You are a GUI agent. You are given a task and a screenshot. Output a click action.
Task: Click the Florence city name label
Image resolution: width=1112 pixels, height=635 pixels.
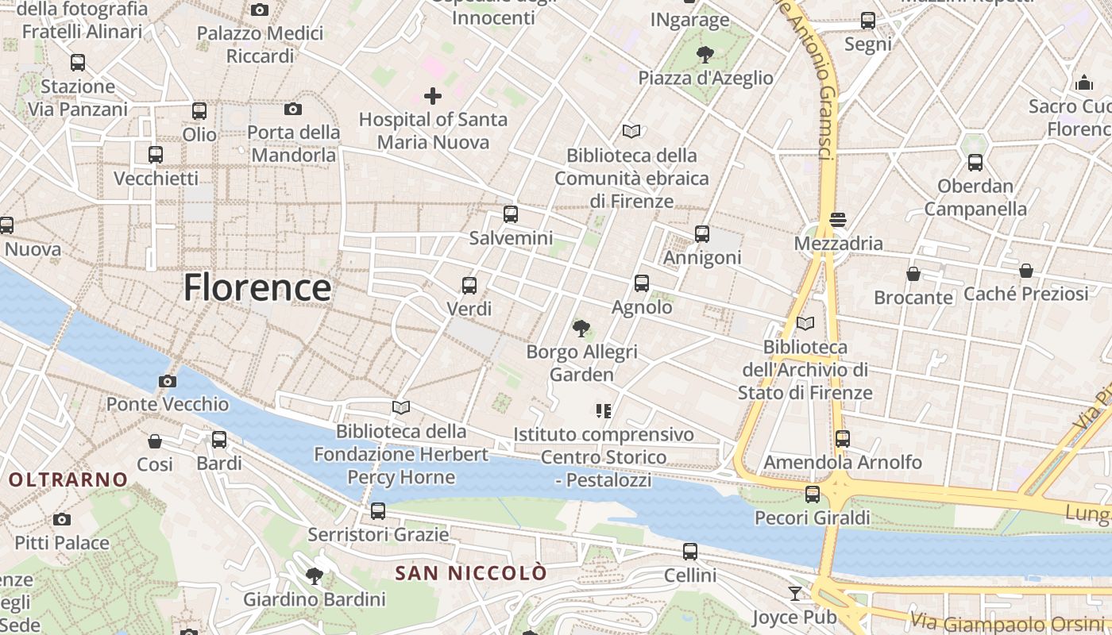coord(257,287)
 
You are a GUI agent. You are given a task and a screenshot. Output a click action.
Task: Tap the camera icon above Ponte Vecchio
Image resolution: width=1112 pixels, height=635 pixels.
coord(167,381)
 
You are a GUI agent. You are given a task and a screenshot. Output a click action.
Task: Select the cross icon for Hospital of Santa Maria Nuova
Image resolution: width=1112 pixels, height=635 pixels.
coord(433,96)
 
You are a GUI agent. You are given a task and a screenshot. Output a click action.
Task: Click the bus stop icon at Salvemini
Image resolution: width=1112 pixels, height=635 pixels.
coord(511,214)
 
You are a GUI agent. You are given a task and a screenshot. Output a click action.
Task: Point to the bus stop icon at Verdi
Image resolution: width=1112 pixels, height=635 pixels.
coord(469,285)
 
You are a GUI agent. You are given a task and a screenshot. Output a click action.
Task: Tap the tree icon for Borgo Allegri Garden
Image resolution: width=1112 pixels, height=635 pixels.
coord(581,328)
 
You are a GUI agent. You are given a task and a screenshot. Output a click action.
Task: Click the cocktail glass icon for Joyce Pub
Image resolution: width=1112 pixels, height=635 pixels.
coord(795,593)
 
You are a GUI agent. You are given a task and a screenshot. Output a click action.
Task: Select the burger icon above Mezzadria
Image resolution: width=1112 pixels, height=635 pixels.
coord(838,219)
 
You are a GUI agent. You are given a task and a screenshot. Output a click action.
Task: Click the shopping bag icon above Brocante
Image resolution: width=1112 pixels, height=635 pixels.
coord(913,274)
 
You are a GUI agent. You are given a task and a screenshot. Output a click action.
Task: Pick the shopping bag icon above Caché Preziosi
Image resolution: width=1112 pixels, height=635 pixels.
coord(1026,271)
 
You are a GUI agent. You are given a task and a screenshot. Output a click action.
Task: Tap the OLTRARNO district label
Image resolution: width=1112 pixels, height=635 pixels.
coord(68,479)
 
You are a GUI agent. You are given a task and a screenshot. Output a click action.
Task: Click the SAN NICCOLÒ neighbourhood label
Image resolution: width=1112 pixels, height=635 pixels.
coord(471,572)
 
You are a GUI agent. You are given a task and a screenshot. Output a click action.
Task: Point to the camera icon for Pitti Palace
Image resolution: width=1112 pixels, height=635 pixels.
coord(62,520)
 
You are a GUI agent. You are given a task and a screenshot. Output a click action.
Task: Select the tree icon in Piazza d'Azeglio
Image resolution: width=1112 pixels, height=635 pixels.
coord(705,54)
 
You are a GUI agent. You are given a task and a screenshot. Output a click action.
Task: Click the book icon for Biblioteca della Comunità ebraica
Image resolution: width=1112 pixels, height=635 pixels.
coord(631,131)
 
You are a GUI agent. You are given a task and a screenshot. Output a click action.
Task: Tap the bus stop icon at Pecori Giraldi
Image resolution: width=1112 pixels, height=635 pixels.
coord(813,495)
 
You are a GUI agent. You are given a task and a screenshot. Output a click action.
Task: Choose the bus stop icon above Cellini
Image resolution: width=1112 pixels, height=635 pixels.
coord(690,552)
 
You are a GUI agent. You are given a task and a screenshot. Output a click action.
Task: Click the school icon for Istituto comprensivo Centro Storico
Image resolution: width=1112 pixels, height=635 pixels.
coord(604,410)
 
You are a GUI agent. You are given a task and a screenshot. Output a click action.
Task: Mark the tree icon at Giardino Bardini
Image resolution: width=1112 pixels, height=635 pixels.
coord(315,575)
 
